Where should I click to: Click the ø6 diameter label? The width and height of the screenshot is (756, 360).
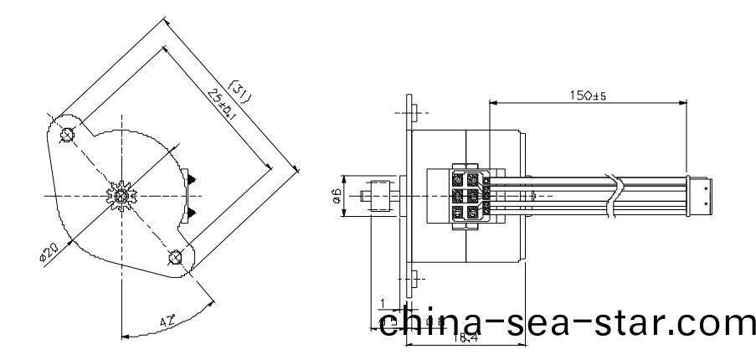pyautogui.click(x=336, y=195)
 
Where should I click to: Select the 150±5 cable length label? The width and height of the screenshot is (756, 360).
pyautogui.click(x=588, y=95)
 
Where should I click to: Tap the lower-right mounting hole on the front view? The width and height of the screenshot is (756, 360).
pyautogui.click(x=175, y=256)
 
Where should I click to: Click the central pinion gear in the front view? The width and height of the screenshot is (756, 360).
pyautogui.click(x=122, y=195)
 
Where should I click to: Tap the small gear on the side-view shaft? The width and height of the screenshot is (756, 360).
pyautogui.click(x=380, y=196)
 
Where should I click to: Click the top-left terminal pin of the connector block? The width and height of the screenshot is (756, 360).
pyautogui.click(x=459, y=178)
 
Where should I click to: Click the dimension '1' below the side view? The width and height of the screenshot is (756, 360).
pyautogui.click(x=382, y=303)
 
